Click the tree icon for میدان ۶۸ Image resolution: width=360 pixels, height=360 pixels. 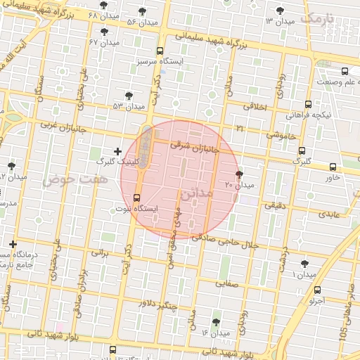point(103,6)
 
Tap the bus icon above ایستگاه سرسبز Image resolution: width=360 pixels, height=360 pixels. point(160,51)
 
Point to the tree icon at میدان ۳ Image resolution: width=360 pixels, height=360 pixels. point(281,11)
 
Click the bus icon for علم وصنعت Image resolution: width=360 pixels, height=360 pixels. point(345,71)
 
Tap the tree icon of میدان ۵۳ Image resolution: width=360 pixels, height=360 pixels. point(128,96)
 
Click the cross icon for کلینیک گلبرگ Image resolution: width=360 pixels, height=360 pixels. point(117,151)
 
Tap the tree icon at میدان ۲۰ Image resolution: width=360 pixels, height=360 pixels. point(240,174)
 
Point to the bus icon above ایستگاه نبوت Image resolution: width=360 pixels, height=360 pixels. point(136,198)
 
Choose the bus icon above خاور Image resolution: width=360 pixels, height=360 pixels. point(333,167)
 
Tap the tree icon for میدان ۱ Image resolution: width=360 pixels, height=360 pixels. point(304,264)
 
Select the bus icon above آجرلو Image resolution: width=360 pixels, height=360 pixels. point(316,289)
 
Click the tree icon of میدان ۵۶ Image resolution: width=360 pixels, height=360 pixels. point(143,11)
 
